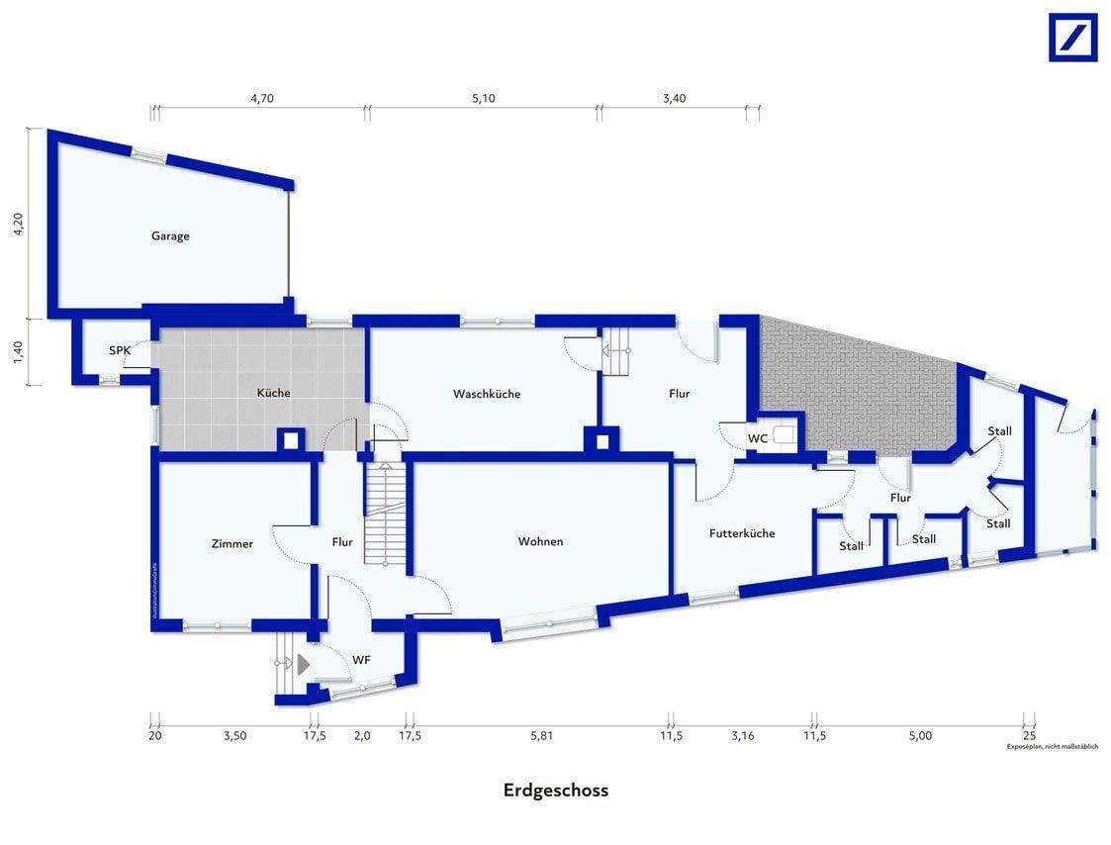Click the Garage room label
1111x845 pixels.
pyautogui.click(x=170, y=236)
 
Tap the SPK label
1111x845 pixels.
pyautogui.click(x=120, y=351)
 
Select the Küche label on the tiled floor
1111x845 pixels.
pyautogui.click(x=273, y=393)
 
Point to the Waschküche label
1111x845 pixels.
pyautogui.click(x=487, y=394)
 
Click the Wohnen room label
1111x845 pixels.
pyautogui.click(x=540, y=541)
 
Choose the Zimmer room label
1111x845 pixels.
pyautogui.click(x=232, y=543)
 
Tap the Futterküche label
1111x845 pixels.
pyautogui.click(x=742, y=533)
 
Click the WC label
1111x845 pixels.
pyautogui.click(x=758, y=438)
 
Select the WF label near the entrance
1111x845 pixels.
pyautogui.click(x=361, y=659)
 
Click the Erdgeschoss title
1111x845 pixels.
pyautogui.click(x=555, y=790)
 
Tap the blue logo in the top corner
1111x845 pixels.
pyautogui.click(x=1072, y=38)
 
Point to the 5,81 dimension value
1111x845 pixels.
pyautogui.click(x=542, y=735)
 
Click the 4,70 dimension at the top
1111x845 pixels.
pyautogui.click(x=261, y=98)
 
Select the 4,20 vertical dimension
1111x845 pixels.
pyautogui.click(x=17, y=224)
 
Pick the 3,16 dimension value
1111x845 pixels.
pyautogui.click(x=742, y=735)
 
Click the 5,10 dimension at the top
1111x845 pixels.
pyautogui.click(x=483, y=98)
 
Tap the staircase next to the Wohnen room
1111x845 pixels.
pyautogui.click(x=385, y=515)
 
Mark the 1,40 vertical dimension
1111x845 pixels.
pyautogui.click(x=17, y=352)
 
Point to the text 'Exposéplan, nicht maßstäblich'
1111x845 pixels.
pyautogui.click(x=1053, y=747)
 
